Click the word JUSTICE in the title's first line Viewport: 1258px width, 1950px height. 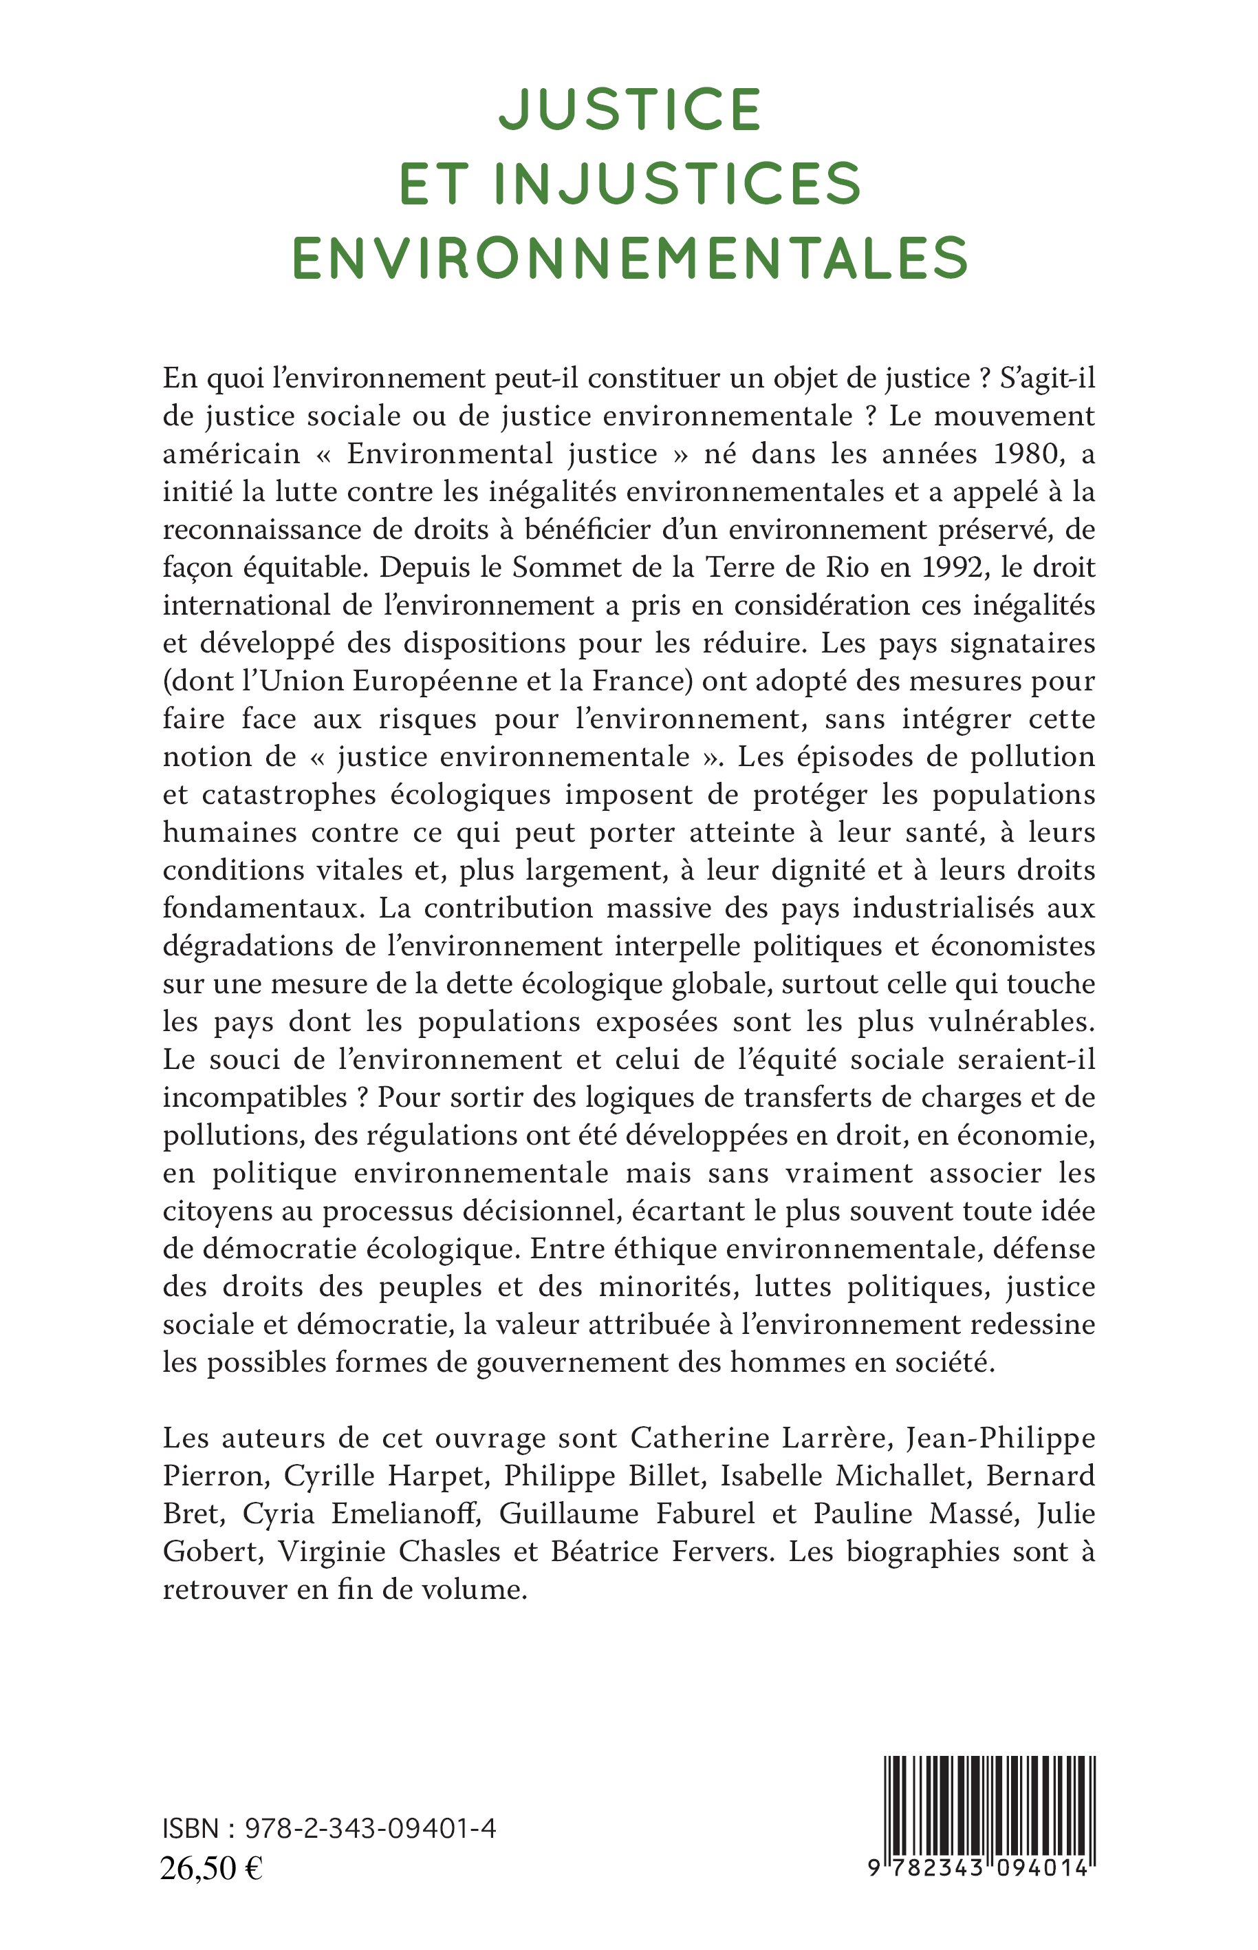pos(630,109)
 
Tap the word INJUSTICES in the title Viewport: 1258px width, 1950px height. pos(678,183)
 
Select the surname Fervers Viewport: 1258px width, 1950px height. pos(721,1551)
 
